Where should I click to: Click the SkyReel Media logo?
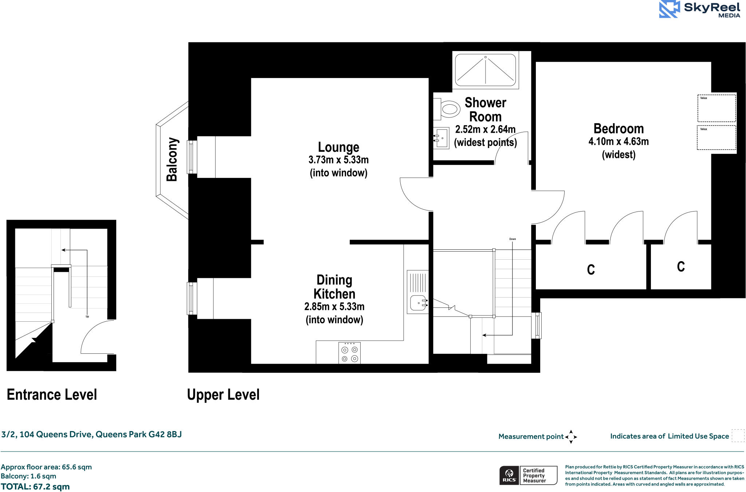699,9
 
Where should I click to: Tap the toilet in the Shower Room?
447,109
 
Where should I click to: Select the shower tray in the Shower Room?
486,70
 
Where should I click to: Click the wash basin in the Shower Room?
441,138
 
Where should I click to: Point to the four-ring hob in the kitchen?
349,353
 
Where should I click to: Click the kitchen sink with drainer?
418,292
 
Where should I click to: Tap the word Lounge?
338,147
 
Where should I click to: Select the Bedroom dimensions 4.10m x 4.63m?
619,142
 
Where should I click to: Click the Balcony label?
172,159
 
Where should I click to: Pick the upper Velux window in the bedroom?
716,108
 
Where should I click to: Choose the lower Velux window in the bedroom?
716,137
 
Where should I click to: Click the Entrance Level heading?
52,395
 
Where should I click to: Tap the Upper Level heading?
223,395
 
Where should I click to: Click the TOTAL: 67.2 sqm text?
35,487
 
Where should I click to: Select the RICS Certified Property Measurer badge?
528,476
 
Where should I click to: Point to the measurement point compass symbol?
571,437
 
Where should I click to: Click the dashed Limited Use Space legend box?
738,436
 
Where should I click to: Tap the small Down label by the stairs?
513,239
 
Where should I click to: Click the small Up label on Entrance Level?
87,317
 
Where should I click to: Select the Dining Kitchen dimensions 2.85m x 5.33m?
334,307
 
